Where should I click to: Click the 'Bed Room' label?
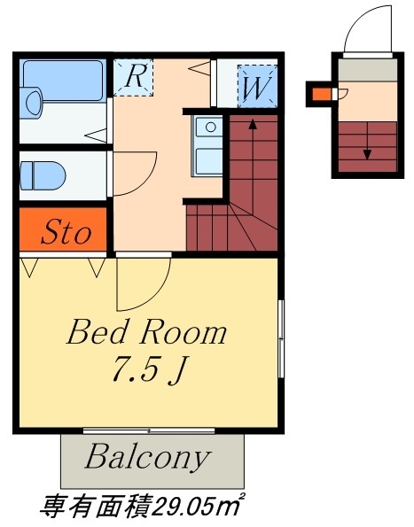(147, 332)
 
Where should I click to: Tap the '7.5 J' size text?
(149, 369)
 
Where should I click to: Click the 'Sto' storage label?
(66, 231)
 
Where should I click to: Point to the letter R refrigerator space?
(134, 77)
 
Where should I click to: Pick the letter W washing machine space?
(257, 87)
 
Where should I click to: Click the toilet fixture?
(43, 175)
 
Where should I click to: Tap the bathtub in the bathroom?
(63, 81)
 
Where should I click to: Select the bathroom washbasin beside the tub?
(31, 103)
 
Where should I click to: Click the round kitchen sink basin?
(211, 128)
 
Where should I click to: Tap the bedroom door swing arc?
(158, 294)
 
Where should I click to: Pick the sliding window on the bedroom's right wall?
(281, 338)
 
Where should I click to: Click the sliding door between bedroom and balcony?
(149, 430)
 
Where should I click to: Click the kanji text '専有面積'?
(96, 507)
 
